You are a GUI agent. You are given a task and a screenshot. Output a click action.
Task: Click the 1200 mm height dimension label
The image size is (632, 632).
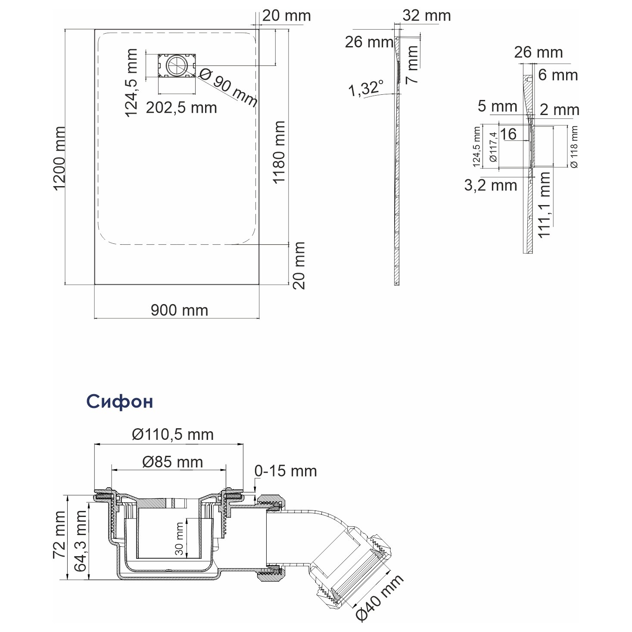click(x=59, y=159)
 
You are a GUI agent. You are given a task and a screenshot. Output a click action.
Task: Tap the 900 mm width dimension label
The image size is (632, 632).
click(x=179, y=310)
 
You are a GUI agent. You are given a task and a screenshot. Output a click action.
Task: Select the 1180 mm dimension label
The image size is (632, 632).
click(x=279, y=152)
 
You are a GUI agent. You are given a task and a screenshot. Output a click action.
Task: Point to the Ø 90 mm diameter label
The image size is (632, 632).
click(x=228, y=88)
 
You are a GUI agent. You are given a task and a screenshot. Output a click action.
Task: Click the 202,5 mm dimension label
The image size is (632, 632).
click(x=181, y=108)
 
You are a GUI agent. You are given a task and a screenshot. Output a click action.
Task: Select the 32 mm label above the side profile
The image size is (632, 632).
click(x=427, y=16)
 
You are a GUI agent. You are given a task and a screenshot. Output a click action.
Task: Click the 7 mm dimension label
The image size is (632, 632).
click(x=412, y=65)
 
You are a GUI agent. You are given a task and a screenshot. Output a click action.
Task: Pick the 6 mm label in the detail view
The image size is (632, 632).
click(x=558, y=75)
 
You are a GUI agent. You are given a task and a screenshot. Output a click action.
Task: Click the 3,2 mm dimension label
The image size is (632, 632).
click(x=491, y=185)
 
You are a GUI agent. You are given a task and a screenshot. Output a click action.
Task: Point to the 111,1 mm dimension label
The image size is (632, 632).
click(x=544, y=205)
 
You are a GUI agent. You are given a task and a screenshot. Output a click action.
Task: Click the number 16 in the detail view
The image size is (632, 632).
click(x=508, y=134)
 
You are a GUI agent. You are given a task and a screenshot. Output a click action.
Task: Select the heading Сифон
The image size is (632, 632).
click(x=120, y=402)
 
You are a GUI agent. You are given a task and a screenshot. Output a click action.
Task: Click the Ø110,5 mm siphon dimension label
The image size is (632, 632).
click(x=173, y=435)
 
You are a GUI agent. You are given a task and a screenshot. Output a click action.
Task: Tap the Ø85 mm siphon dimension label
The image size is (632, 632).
click(x=172, y=462)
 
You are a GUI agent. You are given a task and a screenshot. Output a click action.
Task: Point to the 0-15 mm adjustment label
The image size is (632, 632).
click(x=286, y=471)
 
